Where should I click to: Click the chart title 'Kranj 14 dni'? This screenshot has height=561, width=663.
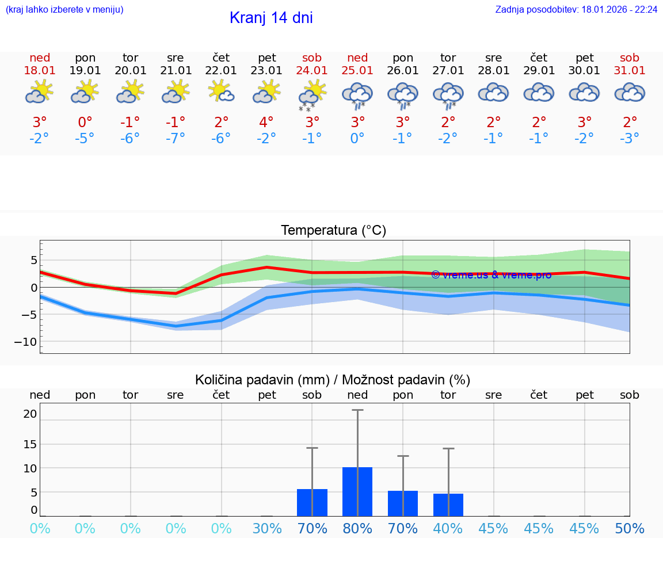click(x=271, y=18)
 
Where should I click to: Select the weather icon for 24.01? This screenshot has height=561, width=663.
click(x=312, y=94)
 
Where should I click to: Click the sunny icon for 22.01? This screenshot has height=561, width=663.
click(x=221, y=91)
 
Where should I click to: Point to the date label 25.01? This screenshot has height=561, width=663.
click(x=357, y=71)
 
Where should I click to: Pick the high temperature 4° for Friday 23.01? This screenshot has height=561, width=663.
click(x=266, y=123)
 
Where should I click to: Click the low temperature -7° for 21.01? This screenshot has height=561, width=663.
click(x=176, y=139)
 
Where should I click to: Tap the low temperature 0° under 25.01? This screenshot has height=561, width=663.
click(x=357, y=139)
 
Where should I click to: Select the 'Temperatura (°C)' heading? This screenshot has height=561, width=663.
click(x=333, y=231)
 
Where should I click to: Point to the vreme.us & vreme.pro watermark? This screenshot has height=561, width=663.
click(x=491, y=275)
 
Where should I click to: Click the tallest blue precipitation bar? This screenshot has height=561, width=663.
click(x=357, y=491)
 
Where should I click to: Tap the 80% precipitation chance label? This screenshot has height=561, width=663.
click(x=357, y=529)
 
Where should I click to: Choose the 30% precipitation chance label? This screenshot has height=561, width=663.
click(x=267, y=529)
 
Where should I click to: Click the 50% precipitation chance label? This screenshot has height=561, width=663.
click(x=630, y=529)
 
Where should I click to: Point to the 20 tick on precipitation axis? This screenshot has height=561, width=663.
click(x=31, y=414)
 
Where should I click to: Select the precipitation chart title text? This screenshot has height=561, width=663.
click(x=333, y=380)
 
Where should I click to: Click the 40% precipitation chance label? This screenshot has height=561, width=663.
click(x=448, y=529)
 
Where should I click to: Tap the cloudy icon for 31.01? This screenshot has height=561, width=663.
click(x=630, y=93)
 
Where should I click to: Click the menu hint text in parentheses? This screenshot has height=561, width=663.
click(x=64, y=10)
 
